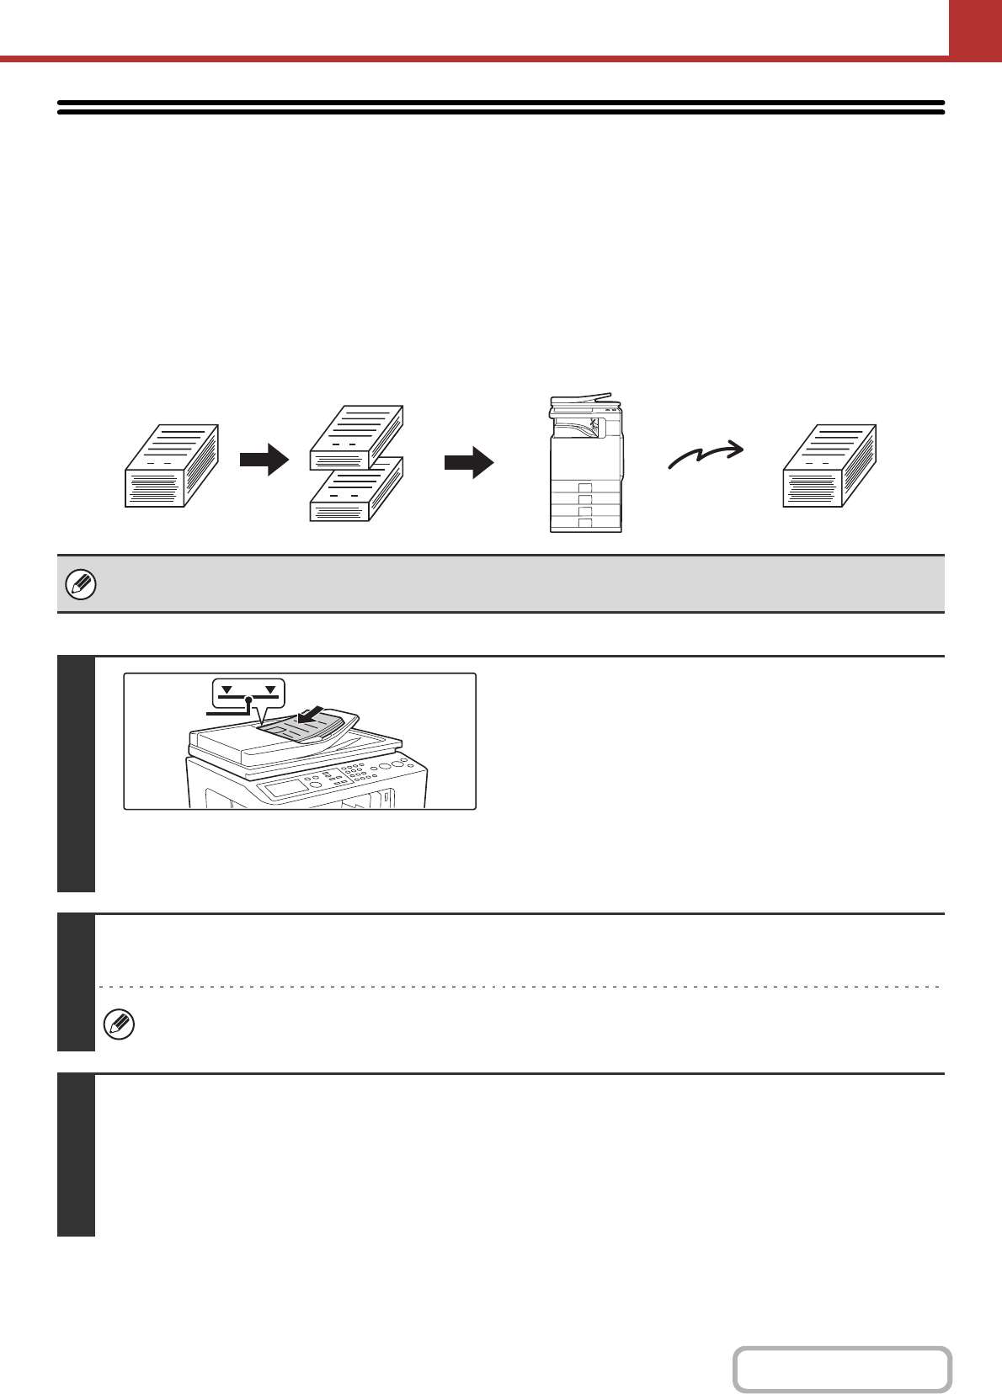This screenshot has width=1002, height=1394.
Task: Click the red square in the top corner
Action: point(975,27)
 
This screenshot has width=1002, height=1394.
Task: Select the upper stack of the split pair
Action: point(356,437)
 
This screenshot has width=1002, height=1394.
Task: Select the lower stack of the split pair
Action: point(356,490)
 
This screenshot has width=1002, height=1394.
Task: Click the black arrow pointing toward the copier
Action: point(469,462)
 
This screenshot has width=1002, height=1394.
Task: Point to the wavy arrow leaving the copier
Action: point(706,455)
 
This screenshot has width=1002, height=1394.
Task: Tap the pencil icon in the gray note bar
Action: point(81,584)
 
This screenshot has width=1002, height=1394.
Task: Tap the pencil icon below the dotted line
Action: point(119,1024)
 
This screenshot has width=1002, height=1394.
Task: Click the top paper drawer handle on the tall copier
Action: point(585,487)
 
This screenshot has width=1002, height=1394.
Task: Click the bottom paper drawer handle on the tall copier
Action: point(585,523)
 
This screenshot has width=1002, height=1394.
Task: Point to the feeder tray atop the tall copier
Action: point(581,398)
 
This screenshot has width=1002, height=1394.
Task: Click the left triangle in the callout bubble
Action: point(227,690)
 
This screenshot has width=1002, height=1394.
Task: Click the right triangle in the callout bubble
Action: point(270,690)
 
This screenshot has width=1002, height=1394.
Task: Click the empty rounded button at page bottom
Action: point(842,1370)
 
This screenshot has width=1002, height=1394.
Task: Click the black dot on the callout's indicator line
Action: point(248,700)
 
